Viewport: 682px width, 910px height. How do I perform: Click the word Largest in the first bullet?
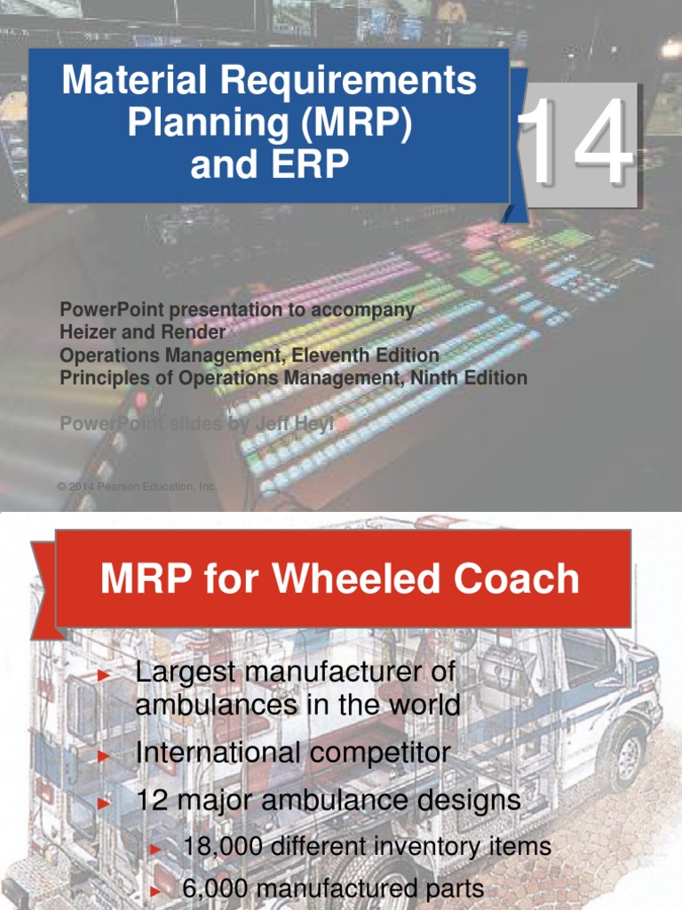[188, 673]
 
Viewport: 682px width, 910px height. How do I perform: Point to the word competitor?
[378, 754]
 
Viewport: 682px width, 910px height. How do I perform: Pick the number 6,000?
[212, 888]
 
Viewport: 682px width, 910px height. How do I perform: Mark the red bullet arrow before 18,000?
[155, 850]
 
